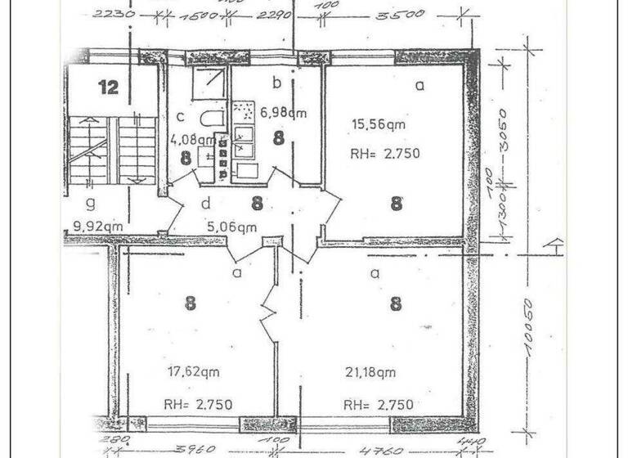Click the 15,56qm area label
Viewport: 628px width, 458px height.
coord(379,125)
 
